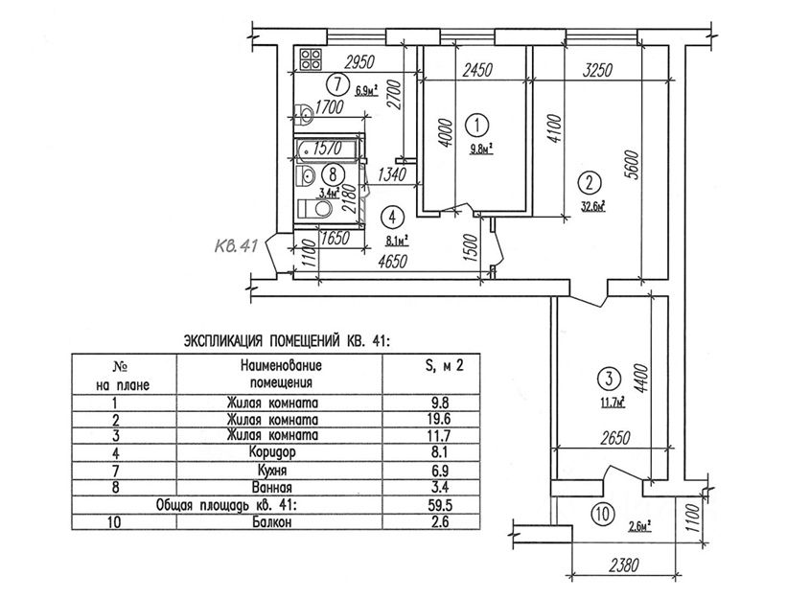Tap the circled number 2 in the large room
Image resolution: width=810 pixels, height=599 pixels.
[591, 181]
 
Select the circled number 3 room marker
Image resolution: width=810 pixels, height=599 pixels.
[605, 377]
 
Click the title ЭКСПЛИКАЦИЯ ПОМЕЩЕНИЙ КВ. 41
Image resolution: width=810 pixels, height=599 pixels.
[288, 340]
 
